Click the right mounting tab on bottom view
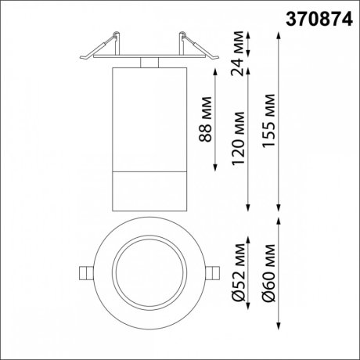[214, 272]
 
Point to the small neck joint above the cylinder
[149, 62]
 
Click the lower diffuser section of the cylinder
[149, 188]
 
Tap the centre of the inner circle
[149, 272]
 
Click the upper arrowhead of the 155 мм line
[280, 34]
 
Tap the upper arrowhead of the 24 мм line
[249, 34]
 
